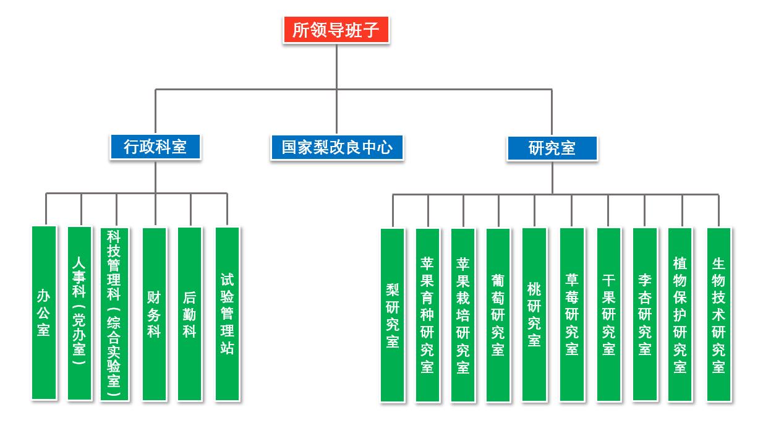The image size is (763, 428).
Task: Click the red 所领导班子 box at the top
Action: tap(336, 30)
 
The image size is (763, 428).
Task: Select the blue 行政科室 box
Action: tap(155, 147)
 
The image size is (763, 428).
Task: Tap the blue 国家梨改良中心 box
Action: tap(337, 147)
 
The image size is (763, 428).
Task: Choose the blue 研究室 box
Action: tap(552, 148)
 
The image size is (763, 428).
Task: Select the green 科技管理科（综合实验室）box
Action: tap(114, 314)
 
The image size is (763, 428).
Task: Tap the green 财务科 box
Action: tap(154, 314)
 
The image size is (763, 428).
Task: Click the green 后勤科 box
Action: tap(190, 314)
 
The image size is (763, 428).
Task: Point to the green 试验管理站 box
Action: tap(227, 314)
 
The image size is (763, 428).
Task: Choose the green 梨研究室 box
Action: tap(392, 315)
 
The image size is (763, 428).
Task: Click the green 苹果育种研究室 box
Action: tap(427, 315)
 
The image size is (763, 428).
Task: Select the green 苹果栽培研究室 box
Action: tap(462, 315)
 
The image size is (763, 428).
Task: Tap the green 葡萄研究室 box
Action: tap(498, 315)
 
